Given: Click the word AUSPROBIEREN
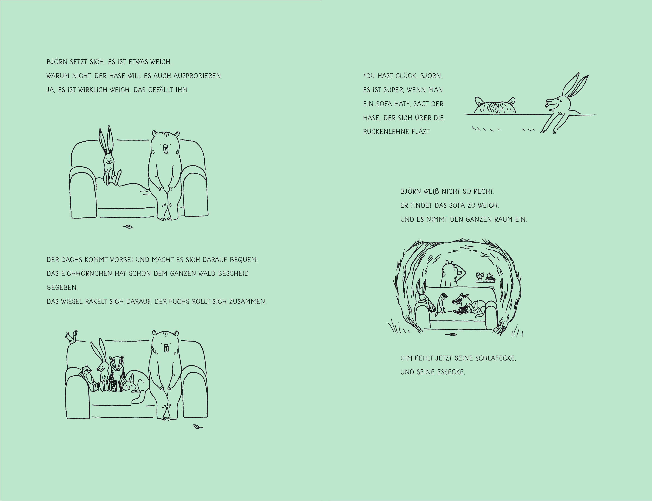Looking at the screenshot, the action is click(198, 76).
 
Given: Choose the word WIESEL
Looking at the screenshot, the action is click(72, 302).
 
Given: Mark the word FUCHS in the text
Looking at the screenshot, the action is click(179, 302).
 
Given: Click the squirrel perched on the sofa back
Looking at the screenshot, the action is click(72, 337).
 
